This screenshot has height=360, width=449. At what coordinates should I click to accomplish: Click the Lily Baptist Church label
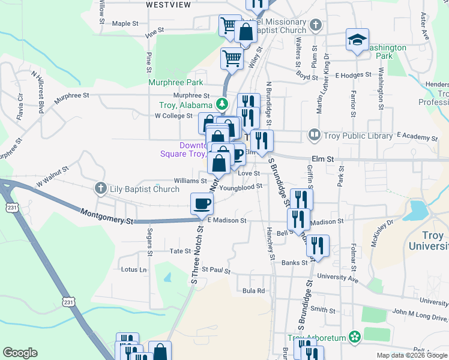[144, 189]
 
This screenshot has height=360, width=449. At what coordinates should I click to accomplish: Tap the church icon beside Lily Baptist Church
[101, 189]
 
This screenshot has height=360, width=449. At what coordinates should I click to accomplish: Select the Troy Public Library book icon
[314, 136]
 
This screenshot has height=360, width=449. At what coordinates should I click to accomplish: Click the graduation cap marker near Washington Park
[357, 40]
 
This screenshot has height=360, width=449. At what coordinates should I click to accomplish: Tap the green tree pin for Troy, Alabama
[223, 104]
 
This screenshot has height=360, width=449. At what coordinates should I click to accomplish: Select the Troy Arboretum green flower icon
[354, 338]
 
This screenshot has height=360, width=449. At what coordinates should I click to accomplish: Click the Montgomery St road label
[106, 217]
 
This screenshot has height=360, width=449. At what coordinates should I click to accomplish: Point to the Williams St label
[190, 180]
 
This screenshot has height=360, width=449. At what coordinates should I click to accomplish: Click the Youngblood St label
[241, 187]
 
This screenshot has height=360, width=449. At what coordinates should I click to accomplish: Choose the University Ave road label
[337, 278]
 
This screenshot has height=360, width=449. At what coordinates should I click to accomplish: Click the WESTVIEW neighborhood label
[168, 5]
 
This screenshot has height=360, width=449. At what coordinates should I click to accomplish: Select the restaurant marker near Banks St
[318, 245]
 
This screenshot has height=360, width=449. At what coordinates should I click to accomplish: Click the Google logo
[20, 353]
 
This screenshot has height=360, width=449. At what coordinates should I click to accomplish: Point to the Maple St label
[125, 24]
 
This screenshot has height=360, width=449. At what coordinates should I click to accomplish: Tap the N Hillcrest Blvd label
[39, 90]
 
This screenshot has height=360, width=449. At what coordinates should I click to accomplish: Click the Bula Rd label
[253, 291]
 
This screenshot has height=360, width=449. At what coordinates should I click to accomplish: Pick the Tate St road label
[180, 251]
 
